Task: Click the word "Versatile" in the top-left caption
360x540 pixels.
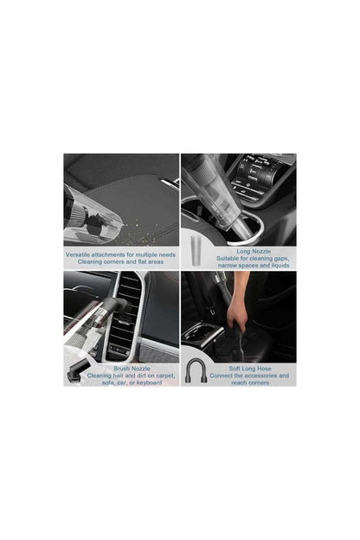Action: click(81, 254)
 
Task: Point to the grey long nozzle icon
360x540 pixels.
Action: click(195, 256)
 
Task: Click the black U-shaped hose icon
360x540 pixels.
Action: click(196, 373)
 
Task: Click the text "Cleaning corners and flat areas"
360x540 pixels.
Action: click(120, 261)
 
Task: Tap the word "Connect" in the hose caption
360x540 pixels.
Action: click(222, 375)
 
